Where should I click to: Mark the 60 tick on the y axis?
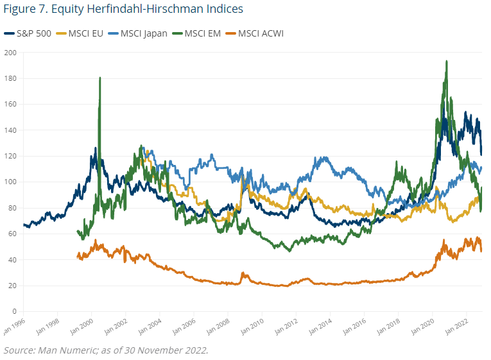(11, 234)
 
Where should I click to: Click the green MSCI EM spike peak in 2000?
(100, 78)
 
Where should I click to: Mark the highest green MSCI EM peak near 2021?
(446, 62)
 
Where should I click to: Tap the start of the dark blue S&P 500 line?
(24, 225)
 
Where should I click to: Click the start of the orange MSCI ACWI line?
(78, 257)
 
